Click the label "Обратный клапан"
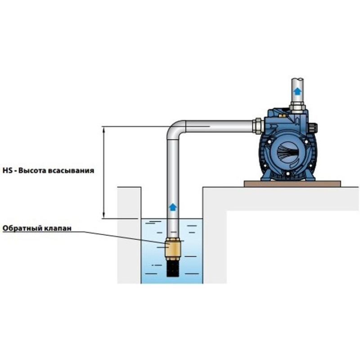click(37, 228)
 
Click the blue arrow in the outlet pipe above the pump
click(297, 92)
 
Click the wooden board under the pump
click(292, 183)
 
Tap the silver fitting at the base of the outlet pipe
click(297, 107)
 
